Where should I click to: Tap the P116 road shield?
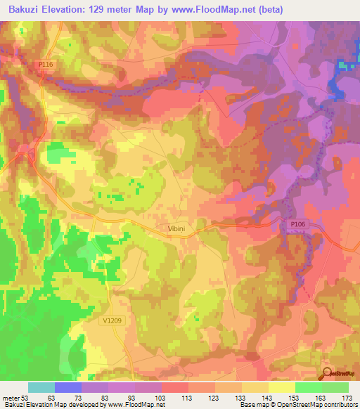(x=45, y=65)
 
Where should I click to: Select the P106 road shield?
(x=298, y=223)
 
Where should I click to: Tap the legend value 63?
(x=50, y=396)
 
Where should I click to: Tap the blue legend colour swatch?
(x=68, y=387)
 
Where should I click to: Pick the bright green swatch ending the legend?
(x=335, y=387)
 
